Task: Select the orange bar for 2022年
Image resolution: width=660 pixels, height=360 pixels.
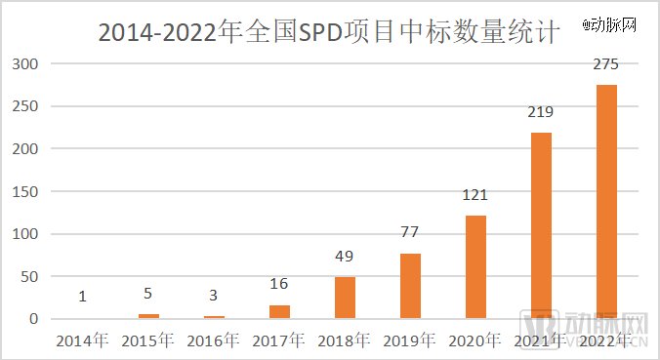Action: [606, 201]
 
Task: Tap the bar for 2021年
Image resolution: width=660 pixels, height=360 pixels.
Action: [541, 225]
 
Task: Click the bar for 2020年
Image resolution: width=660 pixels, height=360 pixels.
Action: [475, 266]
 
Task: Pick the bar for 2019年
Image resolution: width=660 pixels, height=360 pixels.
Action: [410, 286]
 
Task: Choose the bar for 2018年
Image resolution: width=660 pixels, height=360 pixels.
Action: [345, 298]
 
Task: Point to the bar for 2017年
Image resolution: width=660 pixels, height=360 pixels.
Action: [279, 311]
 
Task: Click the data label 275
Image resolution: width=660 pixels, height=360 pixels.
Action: [606, 64]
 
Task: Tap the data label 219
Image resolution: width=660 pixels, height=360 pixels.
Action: [541, 112]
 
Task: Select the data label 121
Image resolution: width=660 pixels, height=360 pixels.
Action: [475, 195]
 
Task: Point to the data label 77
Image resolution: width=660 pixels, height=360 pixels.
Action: [410, 233]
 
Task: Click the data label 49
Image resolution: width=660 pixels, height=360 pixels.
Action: [345, 257]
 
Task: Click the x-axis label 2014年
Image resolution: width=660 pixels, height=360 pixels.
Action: [82, 340]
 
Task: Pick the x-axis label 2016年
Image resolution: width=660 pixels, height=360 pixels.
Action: [213, 340]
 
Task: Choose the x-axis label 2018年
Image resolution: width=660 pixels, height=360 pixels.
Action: [345, 340]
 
